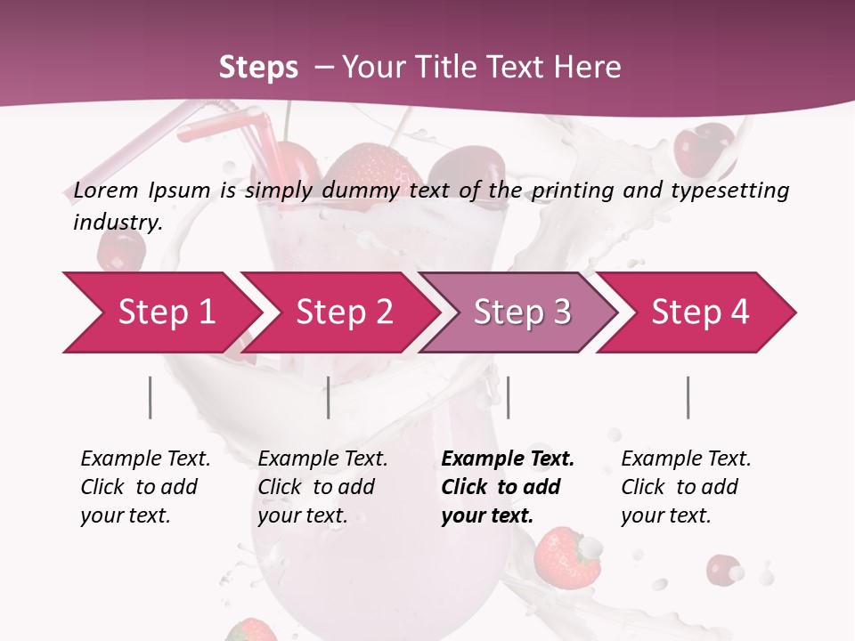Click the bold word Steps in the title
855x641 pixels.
258,67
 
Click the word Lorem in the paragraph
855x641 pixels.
106,190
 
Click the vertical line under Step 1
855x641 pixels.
151,397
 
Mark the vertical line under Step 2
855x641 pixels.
329,397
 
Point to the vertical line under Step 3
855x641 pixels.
508,397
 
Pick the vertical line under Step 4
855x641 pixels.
688,397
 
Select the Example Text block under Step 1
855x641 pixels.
145,487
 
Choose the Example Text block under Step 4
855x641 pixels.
686,487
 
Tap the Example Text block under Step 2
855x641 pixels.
322,487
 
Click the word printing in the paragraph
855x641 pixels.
573,190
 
